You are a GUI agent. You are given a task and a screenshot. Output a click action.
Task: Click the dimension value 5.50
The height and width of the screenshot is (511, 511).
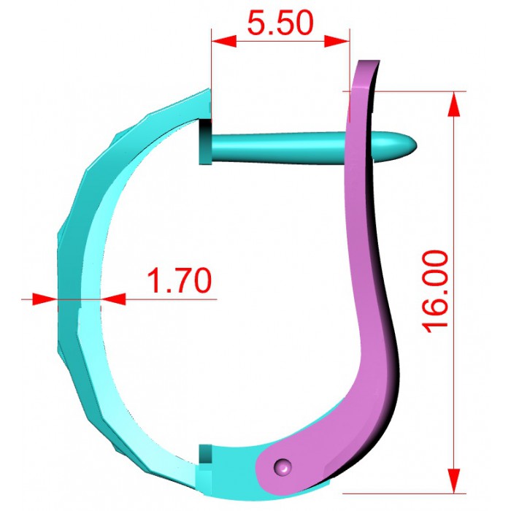[280, 23]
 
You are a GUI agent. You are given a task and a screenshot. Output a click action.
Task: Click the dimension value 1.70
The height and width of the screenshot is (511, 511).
[180, 280]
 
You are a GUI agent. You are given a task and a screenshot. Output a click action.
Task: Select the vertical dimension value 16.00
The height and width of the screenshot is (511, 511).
[435, 292]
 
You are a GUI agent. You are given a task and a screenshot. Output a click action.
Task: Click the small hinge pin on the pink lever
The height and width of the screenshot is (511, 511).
[283, 466]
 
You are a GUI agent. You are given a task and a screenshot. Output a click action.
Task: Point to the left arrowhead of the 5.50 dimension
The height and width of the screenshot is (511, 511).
[223, 42]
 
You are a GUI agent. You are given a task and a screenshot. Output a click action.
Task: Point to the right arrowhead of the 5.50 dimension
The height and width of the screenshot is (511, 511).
[337, 42]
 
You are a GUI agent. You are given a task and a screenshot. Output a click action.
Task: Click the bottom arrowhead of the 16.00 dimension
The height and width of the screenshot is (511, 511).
[454, 481]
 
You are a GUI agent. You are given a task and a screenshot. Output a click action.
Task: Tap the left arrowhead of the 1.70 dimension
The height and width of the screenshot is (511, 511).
[45, 299]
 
